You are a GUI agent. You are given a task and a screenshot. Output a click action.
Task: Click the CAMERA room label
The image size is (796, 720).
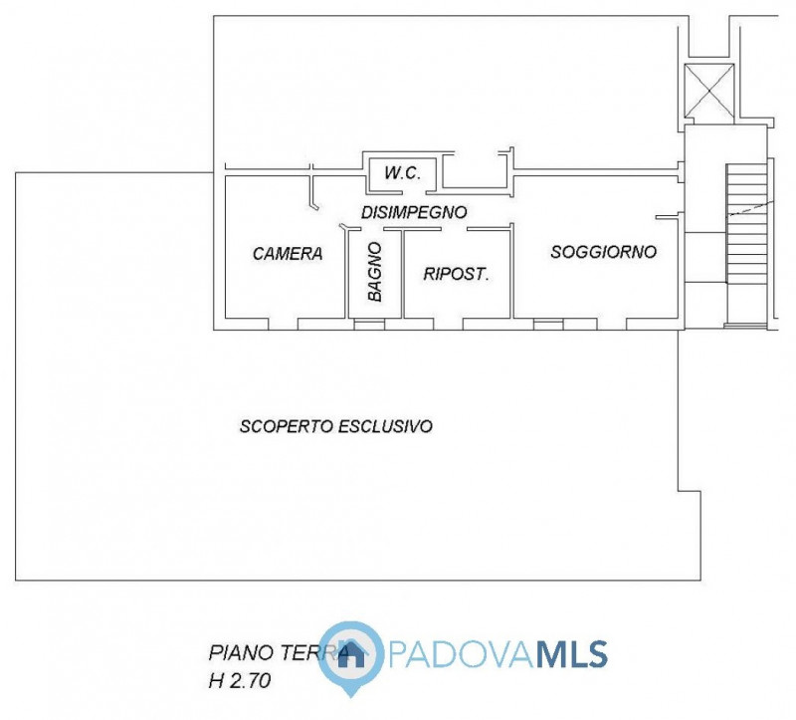coord(288,253)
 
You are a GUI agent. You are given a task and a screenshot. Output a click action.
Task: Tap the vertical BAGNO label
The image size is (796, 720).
coord(375,271)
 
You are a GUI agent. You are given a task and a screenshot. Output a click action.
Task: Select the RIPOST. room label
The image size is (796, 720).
coord(456,275)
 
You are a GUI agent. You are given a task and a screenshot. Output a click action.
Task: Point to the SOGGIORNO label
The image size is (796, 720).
coord(604,252)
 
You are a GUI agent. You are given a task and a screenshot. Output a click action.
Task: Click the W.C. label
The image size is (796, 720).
coord(402,173)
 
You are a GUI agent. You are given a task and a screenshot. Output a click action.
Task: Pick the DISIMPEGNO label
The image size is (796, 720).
coord(414,212)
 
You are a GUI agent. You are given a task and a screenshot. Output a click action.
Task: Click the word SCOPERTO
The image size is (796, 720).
coord(287,426)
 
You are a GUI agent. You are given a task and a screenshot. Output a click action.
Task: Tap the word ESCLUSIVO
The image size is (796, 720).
coord(385,426)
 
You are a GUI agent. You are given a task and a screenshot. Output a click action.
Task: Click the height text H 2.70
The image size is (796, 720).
coord(240,681)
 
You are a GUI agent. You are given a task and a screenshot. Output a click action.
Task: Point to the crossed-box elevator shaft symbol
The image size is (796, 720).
coord(708,93)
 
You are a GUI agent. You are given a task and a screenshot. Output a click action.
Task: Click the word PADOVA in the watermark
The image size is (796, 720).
coord(461,654)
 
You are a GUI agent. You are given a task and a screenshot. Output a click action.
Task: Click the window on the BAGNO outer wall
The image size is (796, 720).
coord(369,325)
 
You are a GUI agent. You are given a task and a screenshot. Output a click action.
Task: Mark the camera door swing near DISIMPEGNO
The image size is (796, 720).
coord(313,192)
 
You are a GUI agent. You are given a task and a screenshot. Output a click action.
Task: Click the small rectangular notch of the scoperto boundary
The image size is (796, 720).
coord(690,491)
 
